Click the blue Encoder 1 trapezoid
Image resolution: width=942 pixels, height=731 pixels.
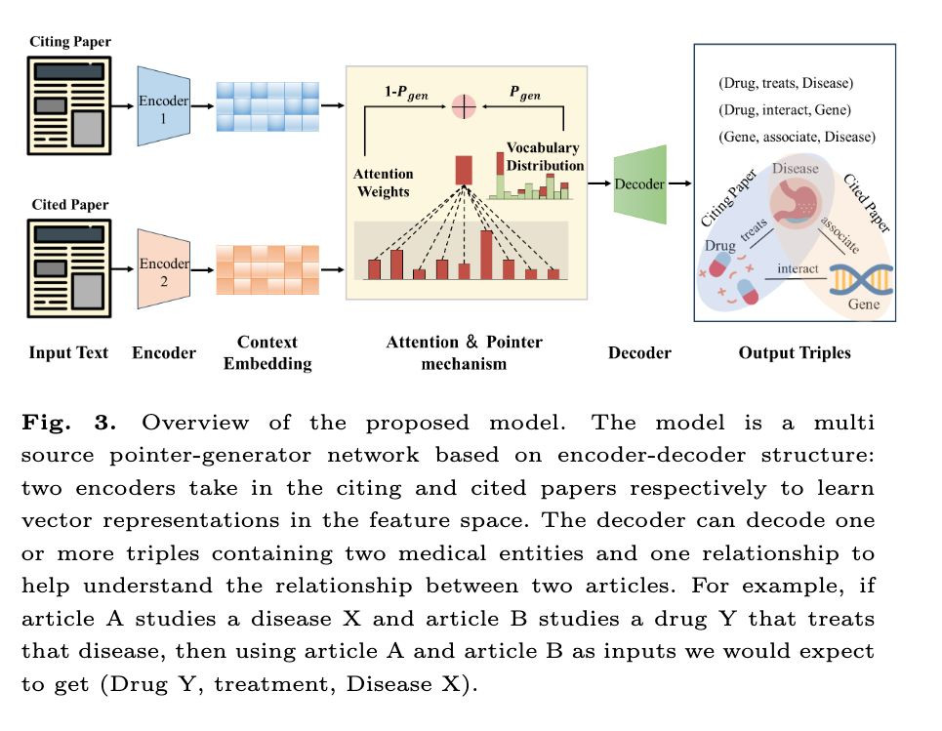(x=164, y=106)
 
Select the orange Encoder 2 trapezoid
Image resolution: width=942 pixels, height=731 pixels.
(x=164, y=268)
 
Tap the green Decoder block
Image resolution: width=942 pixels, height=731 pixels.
(x=639, y=183)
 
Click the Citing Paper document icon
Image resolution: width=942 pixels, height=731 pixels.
(x=69, y=105)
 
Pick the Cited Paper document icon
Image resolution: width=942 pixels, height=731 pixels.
(x=69, y=266)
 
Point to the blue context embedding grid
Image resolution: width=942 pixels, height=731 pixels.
(x=266, y=105)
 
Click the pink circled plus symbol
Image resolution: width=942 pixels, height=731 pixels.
(x=463, y=105)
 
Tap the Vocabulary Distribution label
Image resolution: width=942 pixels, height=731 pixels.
(x=544, y=156)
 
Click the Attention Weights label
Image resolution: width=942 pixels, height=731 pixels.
(x=384, y=183)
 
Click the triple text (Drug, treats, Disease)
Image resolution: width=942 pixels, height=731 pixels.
(x=785, y=83)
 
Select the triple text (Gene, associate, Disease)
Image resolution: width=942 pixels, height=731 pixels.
(x=797, y=137)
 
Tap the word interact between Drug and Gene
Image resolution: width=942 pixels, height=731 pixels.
(x=799, y=268)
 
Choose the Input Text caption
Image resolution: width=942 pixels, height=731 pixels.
(x=68, y=352)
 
